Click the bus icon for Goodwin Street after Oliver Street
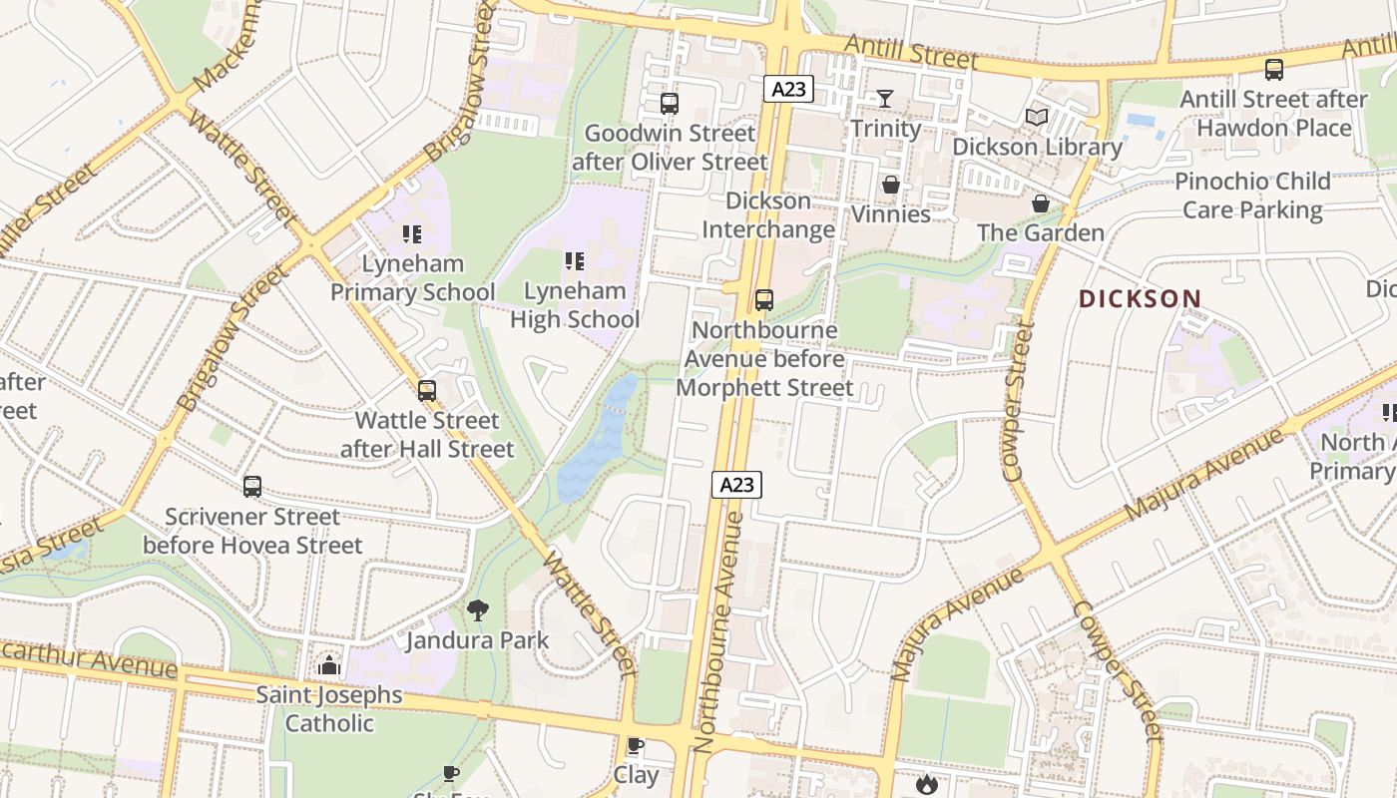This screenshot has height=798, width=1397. (670, 103)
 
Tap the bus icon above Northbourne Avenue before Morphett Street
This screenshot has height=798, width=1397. (764, 299)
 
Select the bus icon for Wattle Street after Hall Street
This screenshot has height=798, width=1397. (427, 390)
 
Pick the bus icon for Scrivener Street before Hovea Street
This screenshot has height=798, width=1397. (252, 487)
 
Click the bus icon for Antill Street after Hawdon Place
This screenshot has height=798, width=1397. (1274, 69)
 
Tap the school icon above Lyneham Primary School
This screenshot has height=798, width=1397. (412, 234)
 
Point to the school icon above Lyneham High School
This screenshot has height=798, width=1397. (575, 261)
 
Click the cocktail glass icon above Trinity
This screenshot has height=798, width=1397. (885, 98)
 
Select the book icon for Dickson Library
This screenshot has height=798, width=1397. (1037, 118)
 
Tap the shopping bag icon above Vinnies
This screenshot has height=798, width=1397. (891, 185)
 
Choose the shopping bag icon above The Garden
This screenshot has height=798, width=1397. (1041, 203)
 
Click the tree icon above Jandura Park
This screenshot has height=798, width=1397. (478, 609)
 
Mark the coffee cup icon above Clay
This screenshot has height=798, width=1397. (635, 745)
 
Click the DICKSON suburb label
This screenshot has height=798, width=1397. (1140, 298)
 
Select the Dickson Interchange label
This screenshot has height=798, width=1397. (767, 214)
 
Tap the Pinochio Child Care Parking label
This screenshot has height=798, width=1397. (1252, 196)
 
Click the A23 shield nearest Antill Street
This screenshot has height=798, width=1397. (788, 89)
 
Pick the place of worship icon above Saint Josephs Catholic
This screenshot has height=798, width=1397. (329, 665)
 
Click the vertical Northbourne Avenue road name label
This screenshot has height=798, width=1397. (721, 633)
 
